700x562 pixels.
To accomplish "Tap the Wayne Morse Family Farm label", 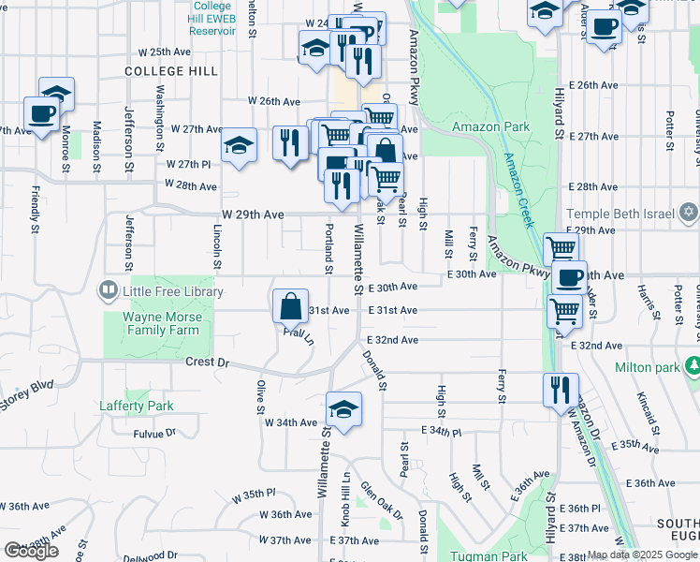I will click(160, 324).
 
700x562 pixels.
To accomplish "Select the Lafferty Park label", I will click(137, 406).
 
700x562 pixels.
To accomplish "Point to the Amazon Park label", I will click(490, 126).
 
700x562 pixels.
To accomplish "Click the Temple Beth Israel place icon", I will click(689, 212).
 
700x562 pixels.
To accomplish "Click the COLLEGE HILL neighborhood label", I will click(171, 71).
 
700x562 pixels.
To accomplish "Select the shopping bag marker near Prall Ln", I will click(290, 306).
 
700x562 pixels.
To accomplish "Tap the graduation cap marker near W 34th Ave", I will click(343, 410).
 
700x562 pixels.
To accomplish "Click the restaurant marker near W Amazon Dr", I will click(561, 389).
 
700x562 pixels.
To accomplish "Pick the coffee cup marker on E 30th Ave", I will click(569, 277).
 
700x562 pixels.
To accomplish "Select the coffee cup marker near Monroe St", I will click(41, 114).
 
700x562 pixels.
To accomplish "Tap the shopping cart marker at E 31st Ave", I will click(564, 310).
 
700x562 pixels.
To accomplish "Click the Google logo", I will click(31, 550).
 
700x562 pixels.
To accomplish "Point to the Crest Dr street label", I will click(207, 361).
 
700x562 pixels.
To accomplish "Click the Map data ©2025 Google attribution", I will click(642, 555).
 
